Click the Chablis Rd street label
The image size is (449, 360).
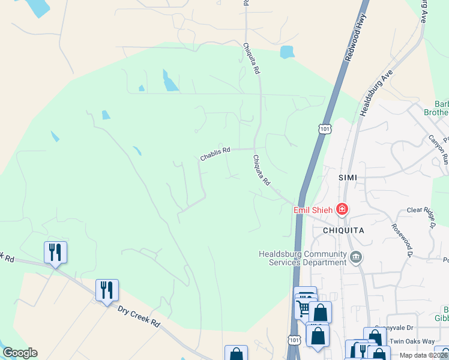point(215,154)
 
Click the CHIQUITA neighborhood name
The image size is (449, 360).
point(344,230)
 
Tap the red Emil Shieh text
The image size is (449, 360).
point(314,210)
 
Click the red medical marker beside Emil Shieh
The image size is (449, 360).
point(342,209)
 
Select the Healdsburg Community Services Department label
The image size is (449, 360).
point(303,258)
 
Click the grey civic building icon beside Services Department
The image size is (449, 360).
point(356,258)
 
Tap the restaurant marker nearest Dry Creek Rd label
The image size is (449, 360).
point(107,290)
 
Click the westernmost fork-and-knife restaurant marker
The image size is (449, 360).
point(55,253)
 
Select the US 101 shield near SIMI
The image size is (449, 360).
point(325,129)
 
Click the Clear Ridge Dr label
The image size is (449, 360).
point(424,211)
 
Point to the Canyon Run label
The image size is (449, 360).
point(438,150)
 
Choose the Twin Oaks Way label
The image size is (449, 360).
point(412,341)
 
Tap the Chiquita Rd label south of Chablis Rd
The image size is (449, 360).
point(262,170)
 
